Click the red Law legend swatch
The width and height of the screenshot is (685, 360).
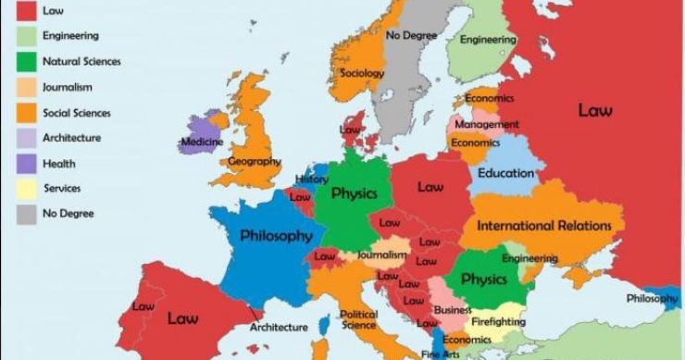[x=27, y=9]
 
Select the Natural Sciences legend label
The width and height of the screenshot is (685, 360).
[x=81, y=62]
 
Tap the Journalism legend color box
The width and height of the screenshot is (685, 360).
[x=27, y=87]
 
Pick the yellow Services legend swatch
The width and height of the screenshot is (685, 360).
[x=27, y=189]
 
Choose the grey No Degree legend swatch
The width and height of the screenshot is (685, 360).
[x=27, y=214]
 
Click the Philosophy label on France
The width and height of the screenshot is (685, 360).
[x=276, y=236]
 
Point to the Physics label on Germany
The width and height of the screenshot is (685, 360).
[x=354, y=194]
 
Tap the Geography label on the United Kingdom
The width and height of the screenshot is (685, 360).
[x=254, y=162]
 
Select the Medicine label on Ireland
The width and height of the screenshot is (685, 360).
[x=201, y=143]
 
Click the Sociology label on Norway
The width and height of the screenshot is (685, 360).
[x=362, y=73]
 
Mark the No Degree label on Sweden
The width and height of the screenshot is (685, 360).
[x=412, y=35]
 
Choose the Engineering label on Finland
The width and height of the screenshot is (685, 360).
[x=488, y=40]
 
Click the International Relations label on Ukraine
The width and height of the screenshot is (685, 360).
[x=543, y=226]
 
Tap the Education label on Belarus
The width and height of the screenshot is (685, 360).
[x=505, y=173]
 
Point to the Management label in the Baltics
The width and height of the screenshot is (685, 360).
[x=487, y=124]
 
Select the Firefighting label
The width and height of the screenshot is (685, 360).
[x=499, y=322]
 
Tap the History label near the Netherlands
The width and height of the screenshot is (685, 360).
[x=312, y=180]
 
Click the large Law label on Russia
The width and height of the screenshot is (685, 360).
[x=595, y=111]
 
